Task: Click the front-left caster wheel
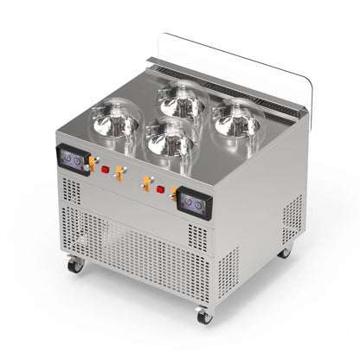[x=75, y=265]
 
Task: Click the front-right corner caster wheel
[x=203, y=316]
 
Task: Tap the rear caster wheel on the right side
[x=285, y=252]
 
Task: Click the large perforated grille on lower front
[x=130, y=251]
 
